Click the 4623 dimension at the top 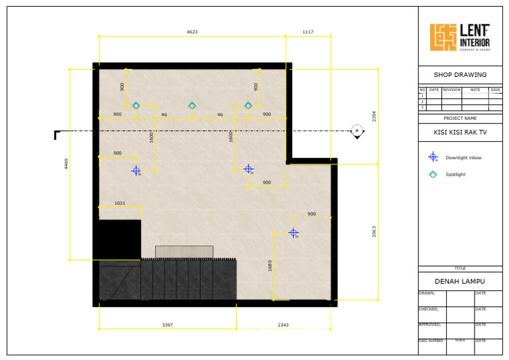click(192, 32)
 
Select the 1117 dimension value click(308, 32)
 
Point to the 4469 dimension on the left click(66, 164)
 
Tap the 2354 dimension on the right click(374, 117)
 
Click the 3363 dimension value click(374, 231)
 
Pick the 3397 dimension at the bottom click(168, 325)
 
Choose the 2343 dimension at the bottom click(283, 325)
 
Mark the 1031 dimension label click(120, 204)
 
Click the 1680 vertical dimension click(269, 265)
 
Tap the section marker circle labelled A click(357, 131)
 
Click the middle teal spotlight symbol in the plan click(192, 105)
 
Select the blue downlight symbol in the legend click(433, 157)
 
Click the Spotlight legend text click(455, 174)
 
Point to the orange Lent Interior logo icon click(443, 38)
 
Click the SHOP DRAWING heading click(460, 75)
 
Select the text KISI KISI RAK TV click(460, 132)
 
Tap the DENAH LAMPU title click(460, 281)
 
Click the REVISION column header click(451, 89)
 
